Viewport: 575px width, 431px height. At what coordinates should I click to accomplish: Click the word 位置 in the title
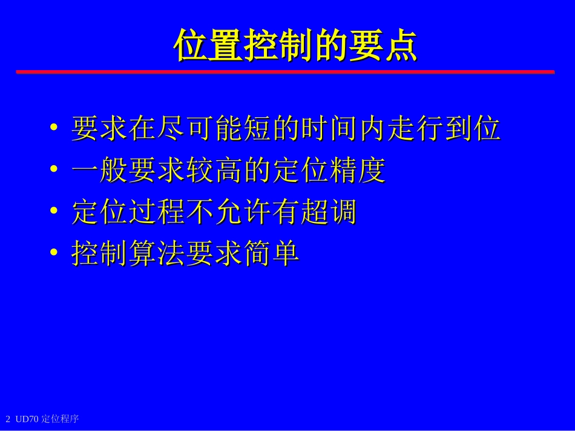(208, 45)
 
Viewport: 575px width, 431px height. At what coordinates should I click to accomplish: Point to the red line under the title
(284, 72)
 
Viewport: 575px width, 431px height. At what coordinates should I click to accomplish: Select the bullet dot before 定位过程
(54, 212)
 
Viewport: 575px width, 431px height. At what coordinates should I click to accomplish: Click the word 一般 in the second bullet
(100, 170)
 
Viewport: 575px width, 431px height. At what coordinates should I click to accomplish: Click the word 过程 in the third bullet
(157, 212)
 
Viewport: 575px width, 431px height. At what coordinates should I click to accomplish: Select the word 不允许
(229, 212)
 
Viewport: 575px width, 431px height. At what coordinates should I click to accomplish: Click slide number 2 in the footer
(8, 419)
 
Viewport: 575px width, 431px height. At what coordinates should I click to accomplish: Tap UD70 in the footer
(27, 419)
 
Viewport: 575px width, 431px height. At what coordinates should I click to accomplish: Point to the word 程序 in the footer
(70, 419)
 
